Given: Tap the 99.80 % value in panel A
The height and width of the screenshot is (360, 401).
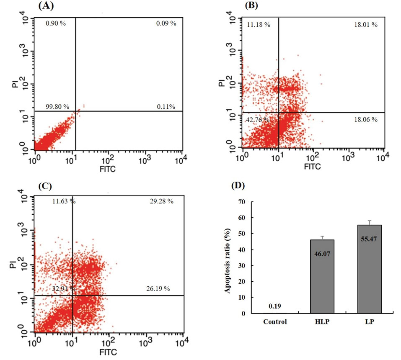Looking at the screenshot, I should pyautogui.click(x=58, y=107).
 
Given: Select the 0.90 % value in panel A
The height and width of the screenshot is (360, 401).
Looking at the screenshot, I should pyautogui.click(x=56, y=23).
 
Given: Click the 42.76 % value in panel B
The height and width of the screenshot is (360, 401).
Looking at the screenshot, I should pyautogui.click(x=258, y=120).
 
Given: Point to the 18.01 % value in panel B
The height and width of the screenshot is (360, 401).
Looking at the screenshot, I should pyautogui.click(x=365, y=25).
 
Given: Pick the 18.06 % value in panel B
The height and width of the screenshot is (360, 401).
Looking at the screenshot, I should pyautogui.click(x=365, y=120).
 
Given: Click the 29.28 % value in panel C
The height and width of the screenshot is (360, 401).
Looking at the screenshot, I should pyautogui.click(x=161, y=201).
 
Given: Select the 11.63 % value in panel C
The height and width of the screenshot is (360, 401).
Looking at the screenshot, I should pyautogui.click(x=64, y=201).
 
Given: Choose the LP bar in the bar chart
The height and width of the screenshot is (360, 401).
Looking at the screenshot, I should pyautogui.click(x=369, y=269).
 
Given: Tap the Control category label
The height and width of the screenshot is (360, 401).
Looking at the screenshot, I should pyautogui.click(x=275, y=322).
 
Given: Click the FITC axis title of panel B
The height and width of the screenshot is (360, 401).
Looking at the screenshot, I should pyautogui.click(x=312, y=166).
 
